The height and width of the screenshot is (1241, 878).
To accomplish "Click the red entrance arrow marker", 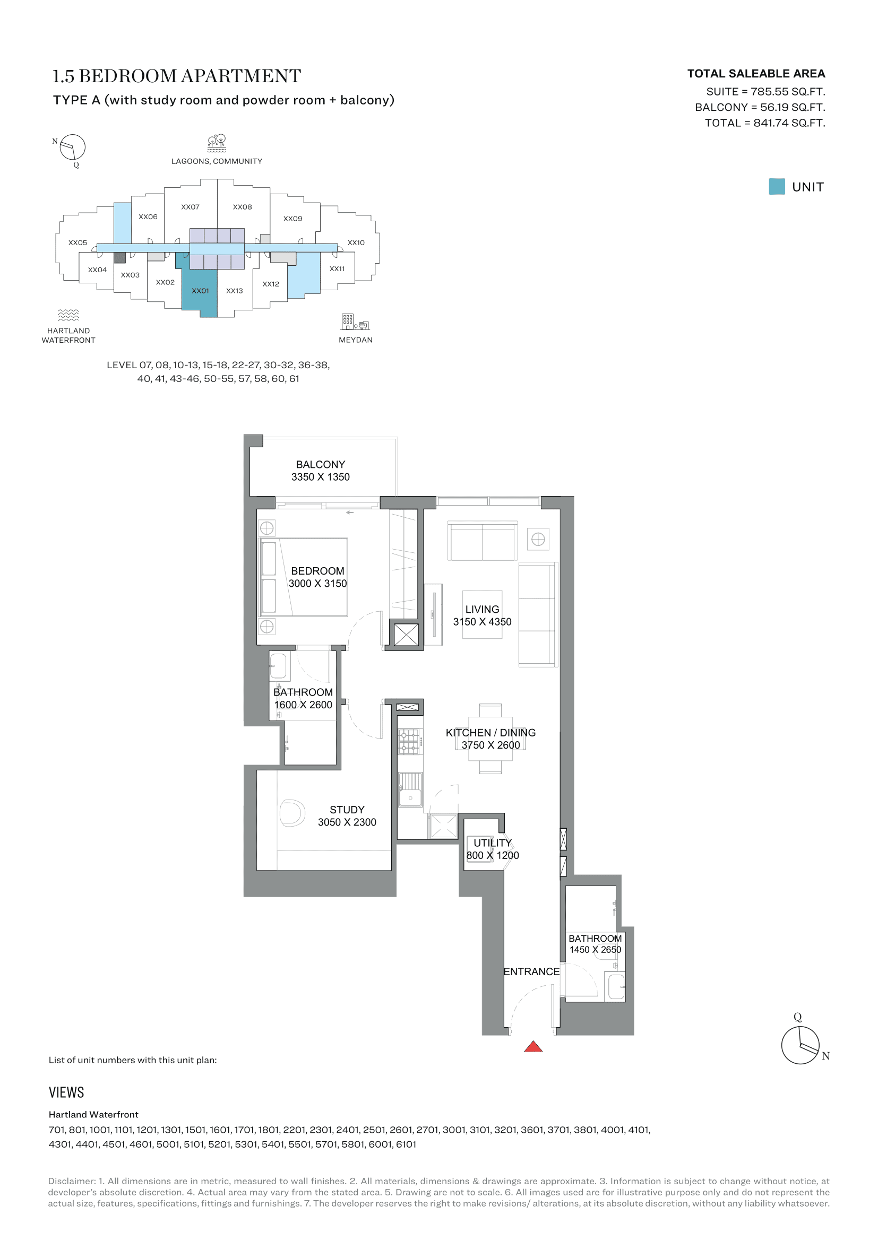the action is click(533, 1047).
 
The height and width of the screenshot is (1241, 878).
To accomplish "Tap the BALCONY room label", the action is click(320, 464).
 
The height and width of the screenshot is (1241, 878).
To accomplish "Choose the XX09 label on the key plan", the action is click(292, 219).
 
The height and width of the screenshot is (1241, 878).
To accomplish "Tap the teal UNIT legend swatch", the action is click(777, 186).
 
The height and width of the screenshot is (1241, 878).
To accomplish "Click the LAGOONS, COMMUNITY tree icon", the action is click(217, 143).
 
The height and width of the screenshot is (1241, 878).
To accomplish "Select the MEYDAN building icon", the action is click(355, 322).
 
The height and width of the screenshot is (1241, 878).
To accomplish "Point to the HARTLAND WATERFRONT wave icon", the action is click(68, 315).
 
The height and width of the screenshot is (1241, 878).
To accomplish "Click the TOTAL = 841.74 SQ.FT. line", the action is click(764, 123).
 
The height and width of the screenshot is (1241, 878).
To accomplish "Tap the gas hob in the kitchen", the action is click(409, 742).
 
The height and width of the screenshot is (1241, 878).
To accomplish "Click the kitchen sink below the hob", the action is click(410, 789).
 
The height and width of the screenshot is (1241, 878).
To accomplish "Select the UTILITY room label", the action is click(492, 843).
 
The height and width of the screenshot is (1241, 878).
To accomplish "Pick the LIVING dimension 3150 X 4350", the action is click(482, 622).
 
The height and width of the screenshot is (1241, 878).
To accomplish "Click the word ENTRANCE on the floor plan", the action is click(531, 971).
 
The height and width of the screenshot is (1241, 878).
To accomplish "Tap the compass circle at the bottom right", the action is click(800, 1045).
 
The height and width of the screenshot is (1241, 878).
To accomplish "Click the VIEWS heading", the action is click(66, 1092).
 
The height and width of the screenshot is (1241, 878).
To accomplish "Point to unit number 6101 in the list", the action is click(406, 1144).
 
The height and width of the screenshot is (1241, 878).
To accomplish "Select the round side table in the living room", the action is click(538, 539).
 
